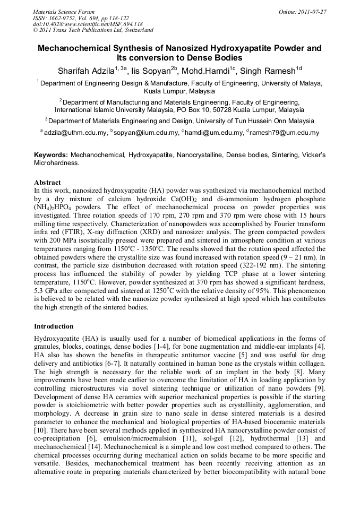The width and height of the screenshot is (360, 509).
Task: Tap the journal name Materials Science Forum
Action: (x=64, y=11)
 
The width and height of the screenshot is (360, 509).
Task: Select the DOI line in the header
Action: (x=88, y=24)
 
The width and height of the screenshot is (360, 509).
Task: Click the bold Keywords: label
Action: (x=52, y=155)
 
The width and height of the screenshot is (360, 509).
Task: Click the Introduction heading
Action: (x=54, y=326)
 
